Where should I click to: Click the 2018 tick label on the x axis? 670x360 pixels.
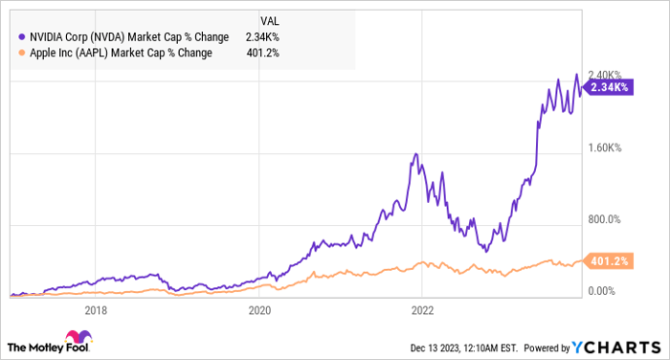pos(96,310)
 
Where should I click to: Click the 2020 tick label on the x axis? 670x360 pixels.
pos(259,310)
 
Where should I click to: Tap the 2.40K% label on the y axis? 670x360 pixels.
pos(605,75)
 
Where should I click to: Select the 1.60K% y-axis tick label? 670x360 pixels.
pos(605,147)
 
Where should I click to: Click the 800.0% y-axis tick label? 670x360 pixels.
pos(605,219)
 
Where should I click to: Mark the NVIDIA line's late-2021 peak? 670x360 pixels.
pos(415,154)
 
